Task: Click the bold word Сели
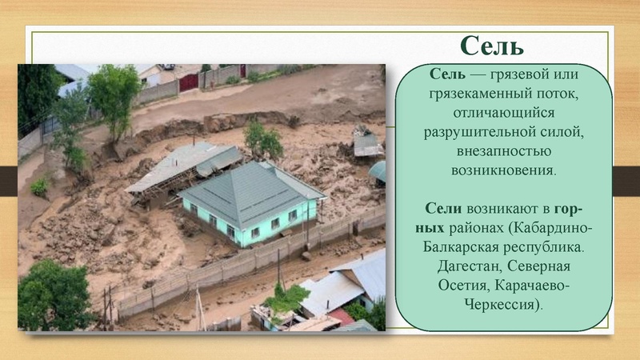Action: click(x=443, y=208)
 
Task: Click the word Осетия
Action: click(x=462, y=285)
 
